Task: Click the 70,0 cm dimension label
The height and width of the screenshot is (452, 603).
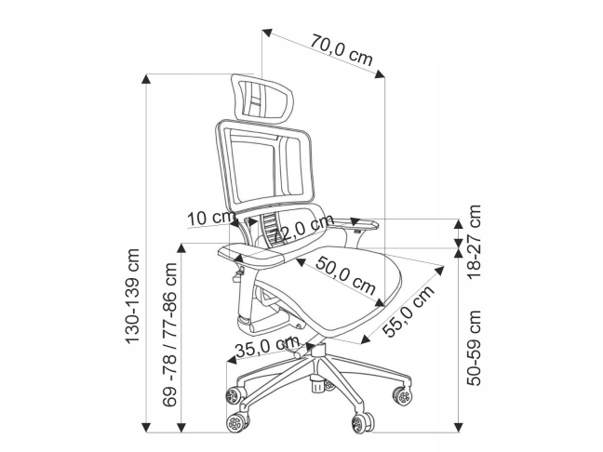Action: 342,52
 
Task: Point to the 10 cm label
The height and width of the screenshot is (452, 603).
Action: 209,219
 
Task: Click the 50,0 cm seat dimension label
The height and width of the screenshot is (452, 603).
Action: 343,276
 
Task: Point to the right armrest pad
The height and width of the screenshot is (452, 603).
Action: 357,222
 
